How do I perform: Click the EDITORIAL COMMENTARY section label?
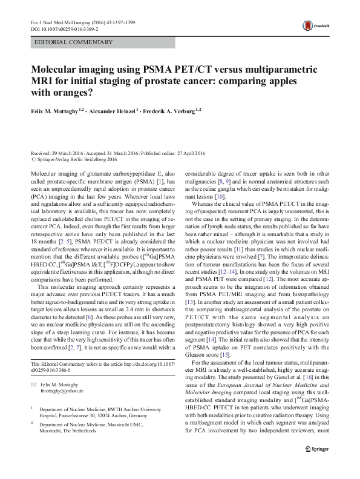point(74,42)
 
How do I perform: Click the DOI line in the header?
point(60,28)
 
